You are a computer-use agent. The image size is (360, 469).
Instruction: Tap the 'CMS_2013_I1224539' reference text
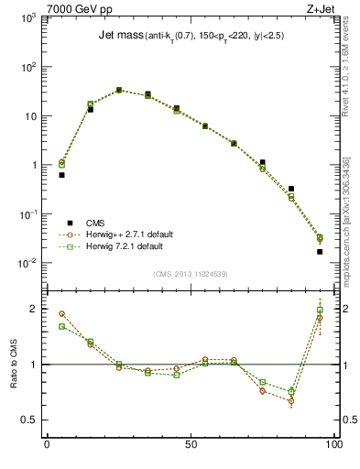pos(190,273)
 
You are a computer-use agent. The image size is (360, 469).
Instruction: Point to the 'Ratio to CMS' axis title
pos(14,364)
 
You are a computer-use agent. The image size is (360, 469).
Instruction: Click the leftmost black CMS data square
pos(61,175)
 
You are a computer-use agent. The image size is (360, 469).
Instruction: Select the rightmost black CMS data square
pos(320,251)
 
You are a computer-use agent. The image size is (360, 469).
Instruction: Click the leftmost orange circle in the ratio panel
pos(61,313)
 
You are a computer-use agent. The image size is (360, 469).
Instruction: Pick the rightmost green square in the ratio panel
pos(320,311)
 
